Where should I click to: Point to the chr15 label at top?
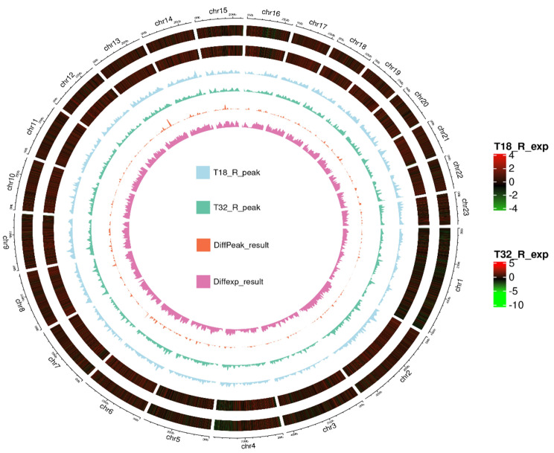(x=219, y=10)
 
